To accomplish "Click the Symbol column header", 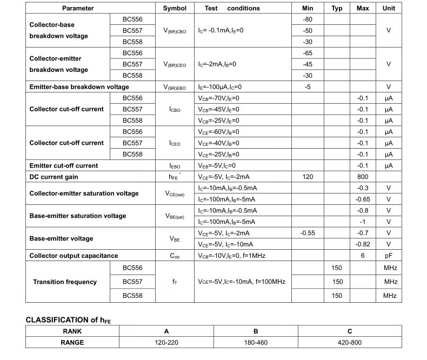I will (175, 8).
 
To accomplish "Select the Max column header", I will (363, 8).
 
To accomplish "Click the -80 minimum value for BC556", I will (308, 19).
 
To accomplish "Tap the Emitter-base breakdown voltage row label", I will (79, 87).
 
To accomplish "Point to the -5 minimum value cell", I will (308, 87).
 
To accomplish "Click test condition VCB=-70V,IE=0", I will (218, 98).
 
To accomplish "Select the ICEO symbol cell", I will (175, 143).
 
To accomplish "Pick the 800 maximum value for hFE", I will (363, 177).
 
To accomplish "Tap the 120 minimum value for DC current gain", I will (308, 177).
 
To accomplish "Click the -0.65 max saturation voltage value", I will (363, 199).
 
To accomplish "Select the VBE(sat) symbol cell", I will (175, 216).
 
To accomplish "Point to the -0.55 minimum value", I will (308, 233).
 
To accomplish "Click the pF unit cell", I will (389, 256).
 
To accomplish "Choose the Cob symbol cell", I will (175, 256).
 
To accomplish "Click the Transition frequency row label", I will (65, 282).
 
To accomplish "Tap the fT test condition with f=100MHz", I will (242, 282).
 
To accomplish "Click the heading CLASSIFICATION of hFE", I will (68, 320).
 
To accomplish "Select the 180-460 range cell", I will (256, 343).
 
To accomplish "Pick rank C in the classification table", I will (349, 331).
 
